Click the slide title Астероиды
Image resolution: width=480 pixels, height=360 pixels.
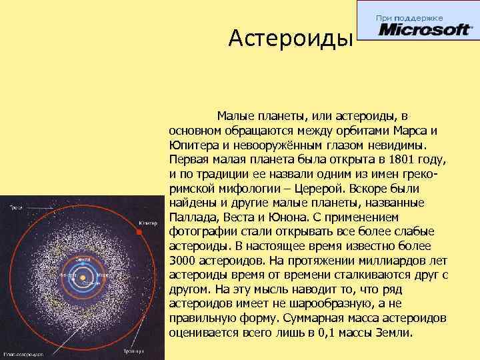pos(290,39)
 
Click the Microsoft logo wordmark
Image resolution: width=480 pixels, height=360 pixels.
pos(424,31)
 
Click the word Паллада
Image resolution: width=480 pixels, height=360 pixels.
pos(192,217)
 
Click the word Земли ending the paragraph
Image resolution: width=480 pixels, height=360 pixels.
pos(392,333)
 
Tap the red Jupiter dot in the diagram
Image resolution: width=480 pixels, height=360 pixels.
pos(138,232)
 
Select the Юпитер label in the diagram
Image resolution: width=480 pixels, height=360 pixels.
pos(148,222)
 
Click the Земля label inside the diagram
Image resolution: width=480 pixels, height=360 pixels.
pos(83,258)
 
